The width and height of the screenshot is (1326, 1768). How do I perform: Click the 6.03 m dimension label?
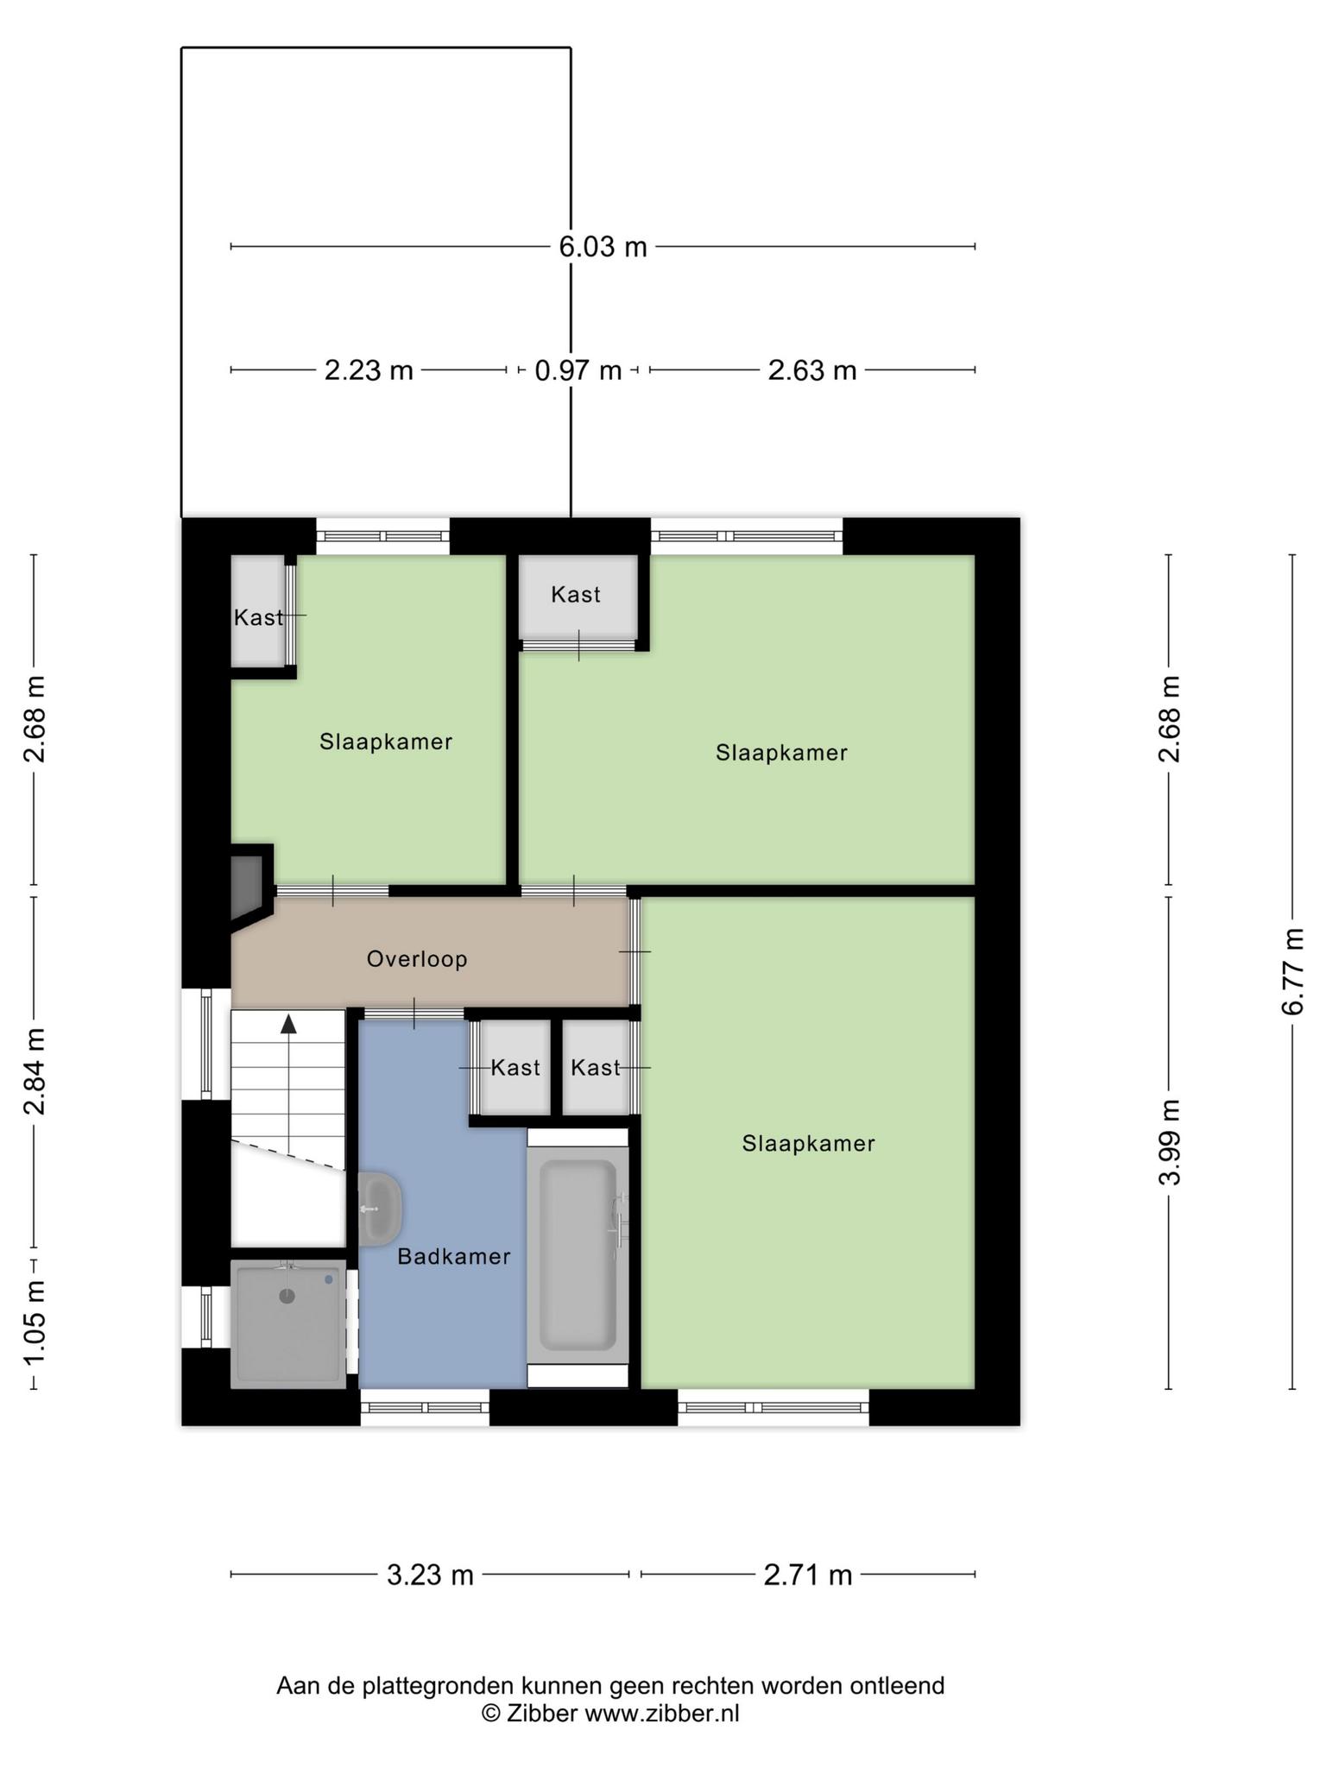pos(603,247)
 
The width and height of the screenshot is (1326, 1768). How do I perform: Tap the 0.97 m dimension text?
pos(578,370)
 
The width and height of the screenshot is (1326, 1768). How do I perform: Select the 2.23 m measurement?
pos(369,370)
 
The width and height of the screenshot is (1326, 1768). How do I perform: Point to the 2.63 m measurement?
pos(812,370)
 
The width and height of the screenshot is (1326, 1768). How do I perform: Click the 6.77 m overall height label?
pos(1292,971)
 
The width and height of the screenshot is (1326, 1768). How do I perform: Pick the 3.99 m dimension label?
pos(1169,1142)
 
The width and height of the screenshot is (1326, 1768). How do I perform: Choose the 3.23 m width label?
pos(430,1575)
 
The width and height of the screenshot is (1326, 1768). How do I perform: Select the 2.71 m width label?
pos(808,1575)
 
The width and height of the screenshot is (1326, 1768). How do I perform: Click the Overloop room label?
pos(417,959)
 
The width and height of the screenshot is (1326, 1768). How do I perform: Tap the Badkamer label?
pos(454,1256)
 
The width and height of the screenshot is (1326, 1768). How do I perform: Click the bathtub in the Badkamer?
pos(578,1254)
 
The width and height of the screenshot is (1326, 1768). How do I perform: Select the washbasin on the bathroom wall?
pos(380,1209)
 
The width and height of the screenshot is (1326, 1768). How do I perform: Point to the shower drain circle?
pos(287,1296)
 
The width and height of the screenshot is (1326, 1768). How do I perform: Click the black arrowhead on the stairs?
pos(288,1024)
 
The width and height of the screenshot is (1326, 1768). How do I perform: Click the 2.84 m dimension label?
pos(34,1071)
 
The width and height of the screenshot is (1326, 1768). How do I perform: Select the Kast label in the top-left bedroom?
pos(258,617)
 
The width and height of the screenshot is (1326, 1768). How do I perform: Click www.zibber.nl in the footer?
pos(662,1714)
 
